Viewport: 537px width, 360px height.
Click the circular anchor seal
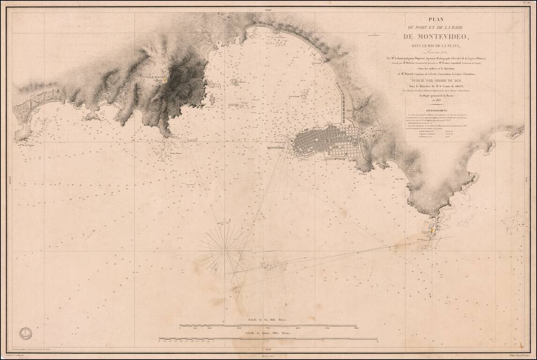pos(25,333)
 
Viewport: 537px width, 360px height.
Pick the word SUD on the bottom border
pos(268,349)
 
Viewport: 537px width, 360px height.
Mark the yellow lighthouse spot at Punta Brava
pos(430,231)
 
